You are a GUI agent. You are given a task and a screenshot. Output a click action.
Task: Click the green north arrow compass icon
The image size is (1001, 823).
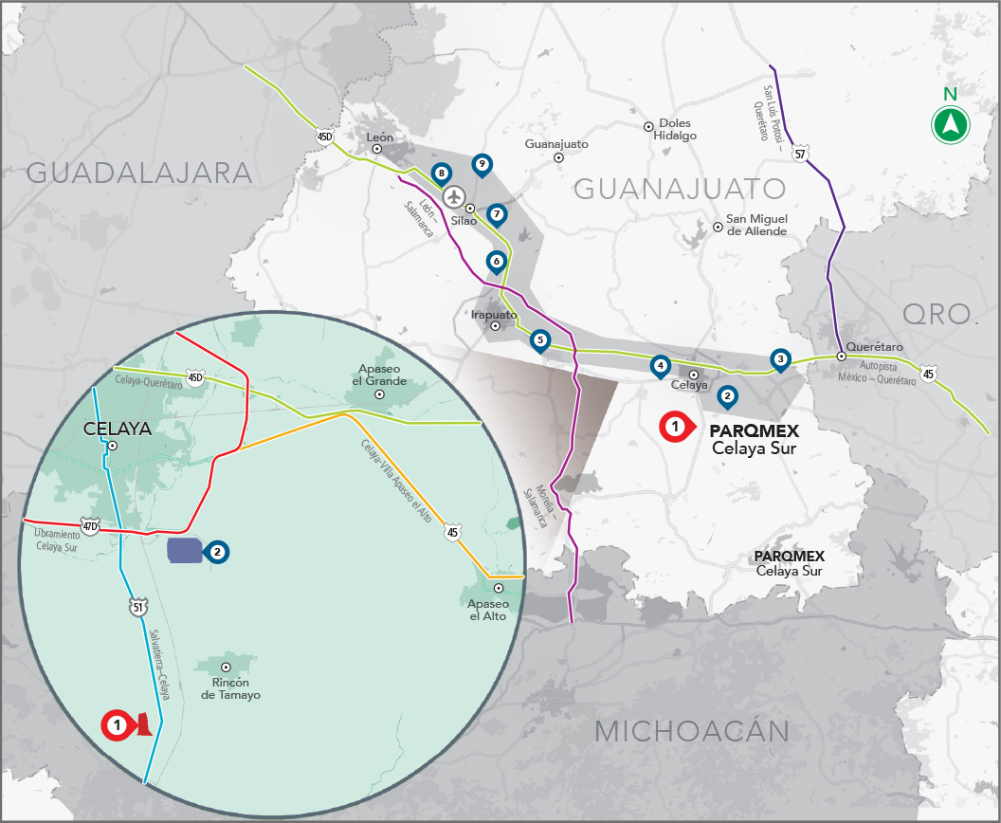coord(950,124)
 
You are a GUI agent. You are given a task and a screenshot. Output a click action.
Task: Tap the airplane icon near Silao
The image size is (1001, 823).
coord(455,197)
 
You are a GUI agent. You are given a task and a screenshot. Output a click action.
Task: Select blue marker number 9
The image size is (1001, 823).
coord(482,165)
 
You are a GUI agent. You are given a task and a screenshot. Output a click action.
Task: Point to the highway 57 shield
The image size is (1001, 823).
coord(801,154)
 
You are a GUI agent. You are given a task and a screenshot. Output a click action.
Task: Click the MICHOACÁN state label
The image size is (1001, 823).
coord(692,731)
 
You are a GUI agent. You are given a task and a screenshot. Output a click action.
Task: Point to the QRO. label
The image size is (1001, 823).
coord(937,314)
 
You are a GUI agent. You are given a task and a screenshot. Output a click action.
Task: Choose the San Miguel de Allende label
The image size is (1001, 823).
coord(755,225)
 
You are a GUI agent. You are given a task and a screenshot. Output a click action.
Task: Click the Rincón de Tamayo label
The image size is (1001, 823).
coord(230,688)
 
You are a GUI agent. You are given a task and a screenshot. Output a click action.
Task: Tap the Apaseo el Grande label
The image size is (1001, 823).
coord(382,375)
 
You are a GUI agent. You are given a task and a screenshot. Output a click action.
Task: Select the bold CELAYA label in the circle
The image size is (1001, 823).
coord(118,429)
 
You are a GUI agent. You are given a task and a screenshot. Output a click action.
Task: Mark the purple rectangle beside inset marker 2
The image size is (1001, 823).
coord(184,550)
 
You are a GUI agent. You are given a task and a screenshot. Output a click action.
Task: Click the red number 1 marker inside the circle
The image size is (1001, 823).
coord(117,724)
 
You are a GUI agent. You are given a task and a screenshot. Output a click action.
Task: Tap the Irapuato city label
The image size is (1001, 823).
coord(494,314)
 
